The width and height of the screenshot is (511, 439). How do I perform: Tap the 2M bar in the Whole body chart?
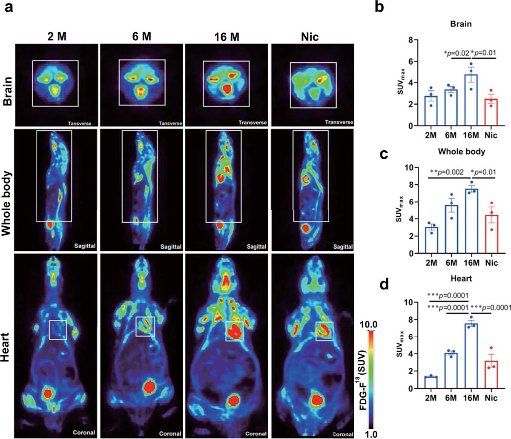[x=431, y=240]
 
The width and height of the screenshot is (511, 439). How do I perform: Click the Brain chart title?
[x=461, y=24]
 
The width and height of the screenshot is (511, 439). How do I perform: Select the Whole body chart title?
[x=462, y=151]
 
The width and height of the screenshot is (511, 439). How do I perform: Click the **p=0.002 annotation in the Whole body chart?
[x=447, y=172]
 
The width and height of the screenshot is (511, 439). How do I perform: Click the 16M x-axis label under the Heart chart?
[x=472, y=398]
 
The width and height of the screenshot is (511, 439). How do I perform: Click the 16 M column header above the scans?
[x=227, y=37]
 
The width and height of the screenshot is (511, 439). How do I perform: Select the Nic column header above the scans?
[x=310, y=37]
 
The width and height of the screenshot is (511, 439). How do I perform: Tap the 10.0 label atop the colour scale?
[x=368, y=324]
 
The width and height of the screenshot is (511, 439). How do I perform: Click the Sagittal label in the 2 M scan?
[x=85, y=246]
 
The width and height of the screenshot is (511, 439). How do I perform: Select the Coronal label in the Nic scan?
[x=343, y=434]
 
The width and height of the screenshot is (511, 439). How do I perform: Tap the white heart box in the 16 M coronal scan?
[x=235, y=322]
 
